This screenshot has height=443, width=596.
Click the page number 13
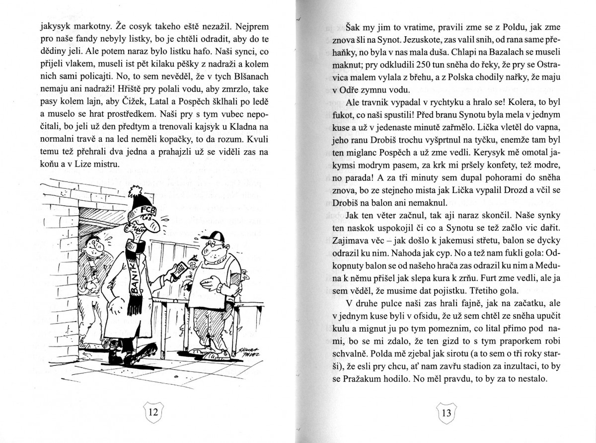pyautogui.click(x=446, y=413)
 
